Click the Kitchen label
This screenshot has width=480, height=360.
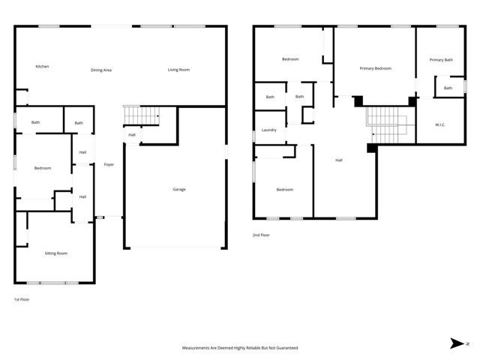(42, 67)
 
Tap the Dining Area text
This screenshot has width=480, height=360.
(101, 70)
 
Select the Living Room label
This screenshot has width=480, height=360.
(178, 70)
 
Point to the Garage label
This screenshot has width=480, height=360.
(179, 189)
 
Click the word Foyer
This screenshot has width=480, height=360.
(109, 164)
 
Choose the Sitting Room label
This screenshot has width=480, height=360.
(56, 253)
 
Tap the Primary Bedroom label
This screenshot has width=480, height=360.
(375, 68)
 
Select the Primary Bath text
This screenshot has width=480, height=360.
(441, 59)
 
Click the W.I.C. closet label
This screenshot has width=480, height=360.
(440, 124)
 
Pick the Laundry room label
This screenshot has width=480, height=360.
(269, 130)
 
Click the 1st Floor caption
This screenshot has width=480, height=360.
(22, 299)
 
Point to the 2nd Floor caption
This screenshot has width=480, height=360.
(261, 235)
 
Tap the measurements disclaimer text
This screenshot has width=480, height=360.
(240, 348)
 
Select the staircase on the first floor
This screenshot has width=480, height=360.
(141, 115)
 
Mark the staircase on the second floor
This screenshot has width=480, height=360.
(386, 124)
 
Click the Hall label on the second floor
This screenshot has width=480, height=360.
(338, 160)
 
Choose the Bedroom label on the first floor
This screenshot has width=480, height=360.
(43, 168)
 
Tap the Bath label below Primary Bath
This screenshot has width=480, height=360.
(448, 88)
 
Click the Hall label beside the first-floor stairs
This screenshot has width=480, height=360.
(131, 135)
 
